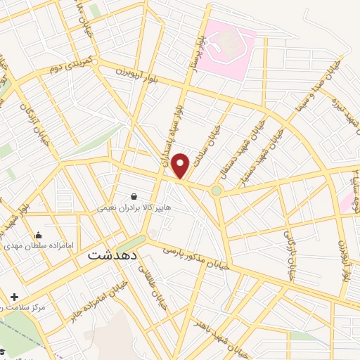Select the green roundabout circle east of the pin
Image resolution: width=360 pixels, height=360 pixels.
(217, 191)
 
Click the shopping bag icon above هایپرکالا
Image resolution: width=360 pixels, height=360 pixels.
(134, 196)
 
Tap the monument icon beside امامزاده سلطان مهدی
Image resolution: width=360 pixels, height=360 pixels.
(38, 236)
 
